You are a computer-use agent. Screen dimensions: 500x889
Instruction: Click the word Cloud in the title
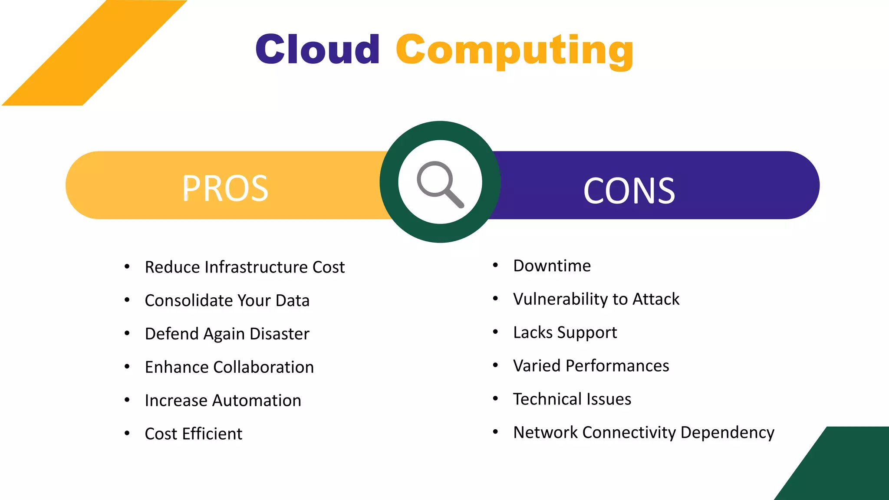(x=317, y=49)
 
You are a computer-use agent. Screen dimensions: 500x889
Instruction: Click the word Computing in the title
(x=514, y=50)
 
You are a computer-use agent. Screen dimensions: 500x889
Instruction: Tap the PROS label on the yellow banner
(x=225, y=188)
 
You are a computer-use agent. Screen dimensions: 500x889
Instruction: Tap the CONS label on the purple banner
(x=629, y=191)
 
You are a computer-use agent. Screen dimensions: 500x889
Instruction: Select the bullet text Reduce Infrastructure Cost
(x=244, y=267)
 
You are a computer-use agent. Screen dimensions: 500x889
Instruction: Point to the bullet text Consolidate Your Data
(x=227, y=300)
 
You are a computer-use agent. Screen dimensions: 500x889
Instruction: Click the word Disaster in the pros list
(x=280, y=334)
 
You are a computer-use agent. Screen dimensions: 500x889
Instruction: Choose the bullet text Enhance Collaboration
(x=229, y=367)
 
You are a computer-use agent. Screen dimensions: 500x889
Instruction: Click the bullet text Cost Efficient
(x=194, y=434)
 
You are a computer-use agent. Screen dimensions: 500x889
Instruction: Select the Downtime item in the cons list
(x=552, y=266)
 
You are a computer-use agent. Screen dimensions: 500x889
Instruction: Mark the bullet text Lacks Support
(x=565, y=332)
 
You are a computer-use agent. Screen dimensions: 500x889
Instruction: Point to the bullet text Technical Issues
(x=572, y=399)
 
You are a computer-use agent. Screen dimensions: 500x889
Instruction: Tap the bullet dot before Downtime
(x=495, y=265)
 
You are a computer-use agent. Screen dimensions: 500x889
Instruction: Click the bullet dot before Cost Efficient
(x=127, y=433)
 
